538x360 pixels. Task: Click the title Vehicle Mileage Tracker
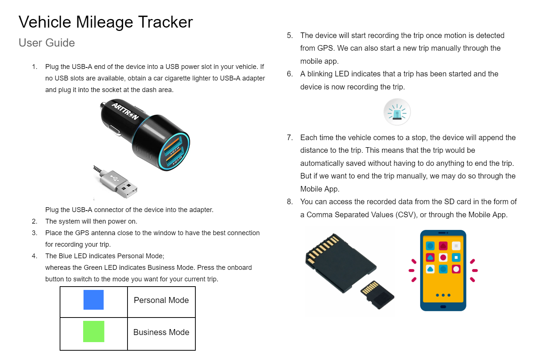point(106,22)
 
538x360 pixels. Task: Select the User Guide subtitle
point(47,43)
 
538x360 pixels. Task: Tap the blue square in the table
point(94,300)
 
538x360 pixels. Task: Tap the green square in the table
point(94,331)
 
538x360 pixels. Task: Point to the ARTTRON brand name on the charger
point(125,111)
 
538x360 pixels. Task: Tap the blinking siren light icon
point(397,112)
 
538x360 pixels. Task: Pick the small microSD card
point(377,295)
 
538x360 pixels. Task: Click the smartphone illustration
point(443,271)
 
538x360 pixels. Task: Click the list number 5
point(290,35)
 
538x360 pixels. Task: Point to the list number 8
point(290,202)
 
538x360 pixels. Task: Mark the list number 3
point(35,233)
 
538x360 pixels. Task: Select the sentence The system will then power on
point(91,221)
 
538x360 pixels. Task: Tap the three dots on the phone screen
point(443,295)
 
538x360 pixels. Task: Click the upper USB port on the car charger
point(172,145)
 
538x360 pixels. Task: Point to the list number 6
point(290,74)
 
